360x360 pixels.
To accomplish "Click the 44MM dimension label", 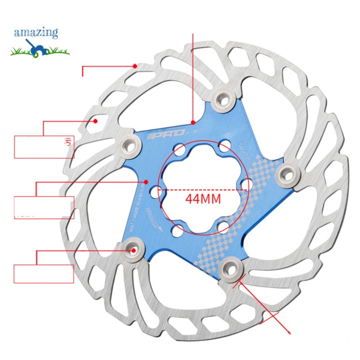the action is point(203,198).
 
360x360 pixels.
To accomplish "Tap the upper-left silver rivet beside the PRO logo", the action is point(130,143).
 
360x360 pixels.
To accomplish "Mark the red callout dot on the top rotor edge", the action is point(135,65).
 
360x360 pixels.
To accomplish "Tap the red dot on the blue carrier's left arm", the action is point(146,181).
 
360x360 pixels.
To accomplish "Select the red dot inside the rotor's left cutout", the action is point(96,120).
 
